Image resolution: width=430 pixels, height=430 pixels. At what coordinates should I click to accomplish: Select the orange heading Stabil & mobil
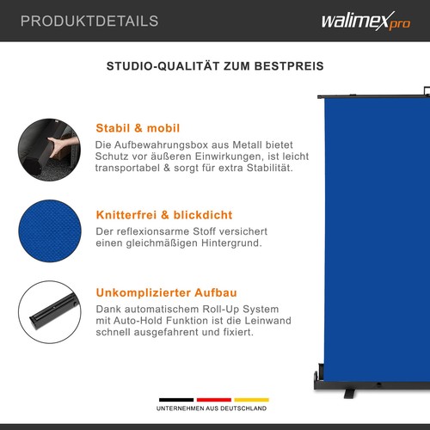[x=138, y=128]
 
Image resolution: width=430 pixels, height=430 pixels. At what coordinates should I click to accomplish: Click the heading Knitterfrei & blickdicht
[x=164, y=214]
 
